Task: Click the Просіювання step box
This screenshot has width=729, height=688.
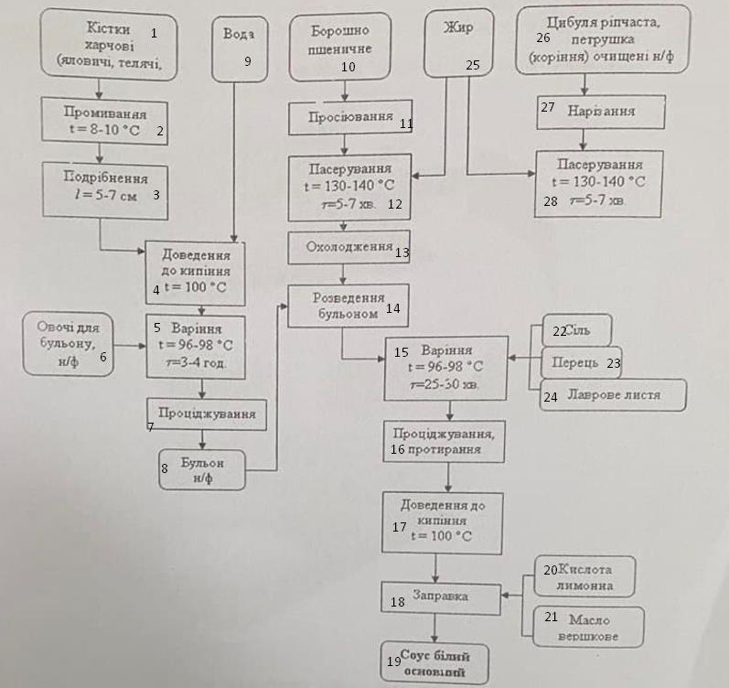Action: click(346, 119)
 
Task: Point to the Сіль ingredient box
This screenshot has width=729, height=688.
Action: click(578, 330)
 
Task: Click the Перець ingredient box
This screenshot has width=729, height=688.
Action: click(580, 362)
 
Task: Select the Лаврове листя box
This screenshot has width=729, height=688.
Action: click(611, 395)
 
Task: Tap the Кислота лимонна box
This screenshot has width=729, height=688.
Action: click(582, 576)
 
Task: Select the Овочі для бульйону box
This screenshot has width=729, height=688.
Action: click(69, 342)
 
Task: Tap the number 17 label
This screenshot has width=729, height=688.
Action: click(399, 527)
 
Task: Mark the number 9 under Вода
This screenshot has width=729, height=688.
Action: click(247, 61)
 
